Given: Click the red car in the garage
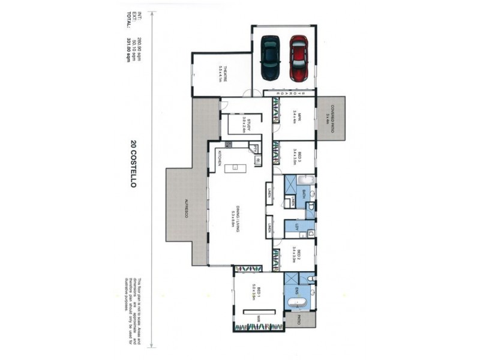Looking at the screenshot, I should click(x=298, y=58).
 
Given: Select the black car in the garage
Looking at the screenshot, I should click(x=270, y=58).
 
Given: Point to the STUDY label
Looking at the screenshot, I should click(x=247, y=127).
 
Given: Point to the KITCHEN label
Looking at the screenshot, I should click(x=220, y=158).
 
